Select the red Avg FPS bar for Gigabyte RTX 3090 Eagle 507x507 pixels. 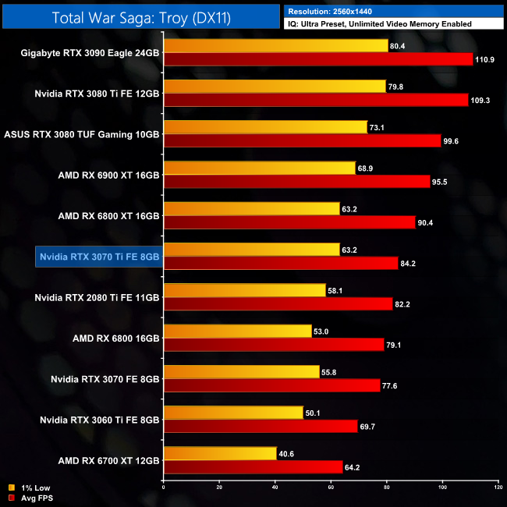[x=318, y=59]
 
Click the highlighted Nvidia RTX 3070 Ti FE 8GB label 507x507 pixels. [x=98, y=257]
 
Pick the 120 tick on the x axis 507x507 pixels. [x=498, y=487]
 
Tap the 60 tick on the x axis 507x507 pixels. [x=331, y=487]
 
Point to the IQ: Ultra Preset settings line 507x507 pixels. [x=379, y=24]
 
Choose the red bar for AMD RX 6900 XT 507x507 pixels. [x=296, y=181]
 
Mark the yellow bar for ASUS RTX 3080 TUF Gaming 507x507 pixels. [x=265, y=127]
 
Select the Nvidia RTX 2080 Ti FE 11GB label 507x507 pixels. [x=97, y=297]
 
